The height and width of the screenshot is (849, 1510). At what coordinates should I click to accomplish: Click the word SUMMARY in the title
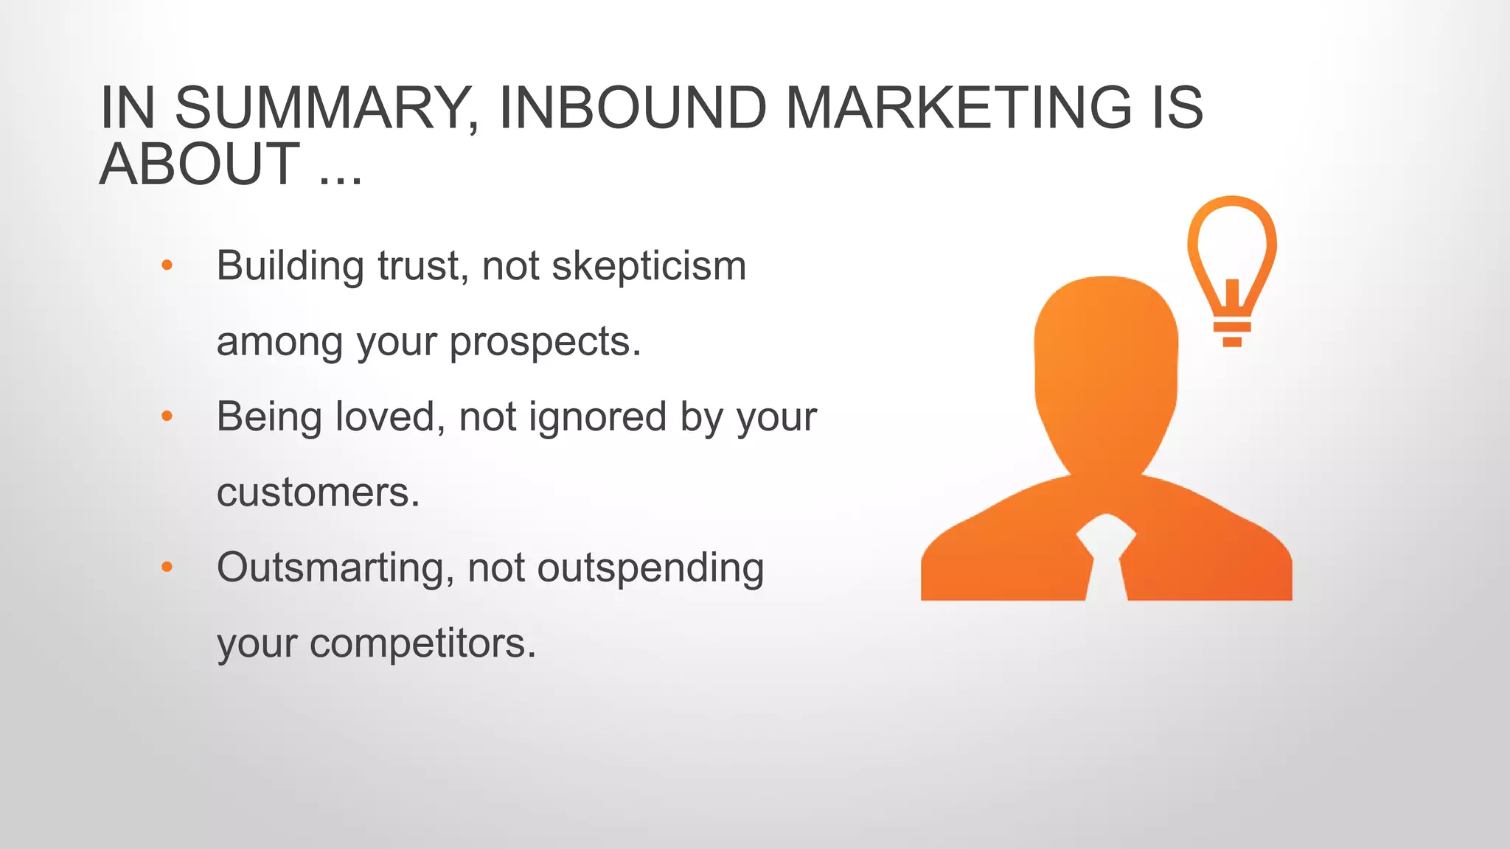[327, 108]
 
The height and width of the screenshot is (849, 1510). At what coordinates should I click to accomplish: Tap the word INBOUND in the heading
[633, 108]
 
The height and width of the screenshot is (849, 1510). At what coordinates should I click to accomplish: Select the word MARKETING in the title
[958, 108]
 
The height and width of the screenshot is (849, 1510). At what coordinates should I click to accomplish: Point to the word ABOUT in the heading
[200, 164]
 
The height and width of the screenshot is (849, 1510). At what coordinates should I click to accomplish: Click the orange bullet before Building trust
[167, 265]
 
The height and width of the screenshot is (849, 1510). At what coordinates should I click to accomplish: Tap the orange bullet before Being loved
[167, 416]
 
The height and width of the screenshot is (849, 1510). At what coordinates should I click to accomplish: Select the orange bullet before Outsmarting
[167, 567]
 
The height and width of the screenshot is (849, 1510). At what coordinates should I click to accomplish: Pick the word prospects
[545, 343]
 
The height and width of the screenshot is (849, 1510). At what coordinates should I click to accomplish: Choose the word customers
[318, 492]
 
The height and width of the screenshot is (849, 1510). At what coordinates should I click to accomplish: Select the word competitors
[422, 643]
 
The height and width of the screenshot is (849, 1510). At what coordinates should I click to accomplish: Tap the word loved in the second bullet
[390, 416]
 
